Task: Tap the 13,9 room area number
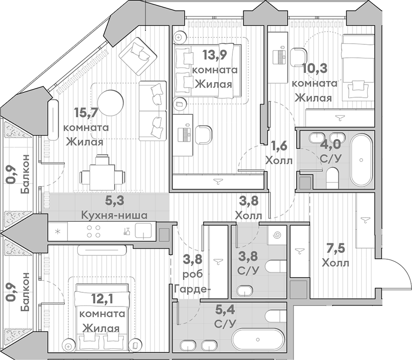[x=215, y=55]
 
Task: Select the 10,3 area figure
[x=315, y=69]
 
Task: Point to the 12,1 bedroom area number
[x=102, y=299]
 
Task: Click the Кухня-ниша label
[x=114, y=216]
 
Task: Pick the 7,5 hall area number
[x=336, y=248]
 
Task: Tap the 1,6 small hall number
[x=279, y=146]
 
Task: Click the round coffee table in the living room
[x=110, y=103]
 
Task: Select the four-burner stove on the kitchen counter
[x=93, y=231]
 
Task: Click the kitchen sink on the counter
[x=143, y=231]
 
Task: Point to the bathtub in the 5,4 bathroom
[x=258, y=340]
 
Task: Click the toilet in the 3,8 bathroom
[x=275, y=267]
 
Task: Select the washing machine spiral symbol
[x=277, y=235]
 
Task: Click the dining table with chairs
[x=102, y=173]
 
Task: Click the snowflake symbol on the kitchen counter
[x=57, y=232]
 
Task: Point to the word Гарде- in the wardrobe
[x=193, y=289]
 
